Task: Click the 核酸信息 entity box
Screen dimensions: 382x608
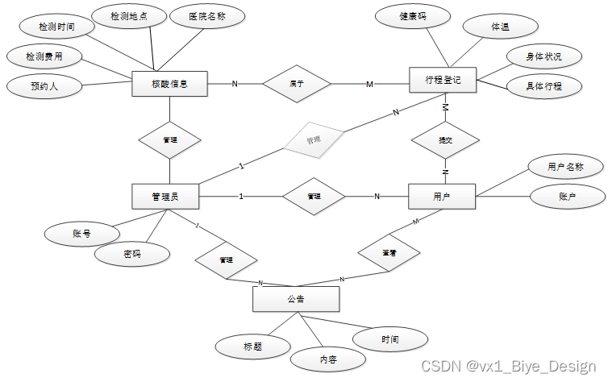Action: click(169, 84)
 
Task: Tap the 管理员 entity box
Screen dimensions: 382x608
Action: click(165, 197)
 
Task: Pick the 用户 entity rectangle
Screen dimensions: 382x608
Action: click(442, 197)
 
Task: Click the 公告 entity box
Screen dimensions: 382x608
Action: click(296, 299)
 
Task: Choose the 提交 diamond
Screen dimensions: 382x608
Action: click(445, 140)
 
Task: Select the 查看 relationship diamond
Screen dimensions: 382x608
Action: click(389, 253)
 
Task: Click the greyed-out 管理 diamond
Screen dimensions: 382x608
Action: click(313, 139)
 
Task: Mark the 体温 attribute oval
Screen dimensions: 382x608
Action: click(499, 27)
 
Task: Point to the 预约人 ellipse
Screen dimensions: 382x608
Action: click(44, 85)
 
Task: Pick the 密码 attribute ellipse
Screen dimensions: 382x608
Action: click(132, 254)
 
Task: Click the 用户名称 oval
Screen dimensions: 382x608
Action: click(565, 168)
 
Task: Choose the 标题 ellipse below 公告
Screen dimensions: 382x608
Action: click(252, 347)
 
